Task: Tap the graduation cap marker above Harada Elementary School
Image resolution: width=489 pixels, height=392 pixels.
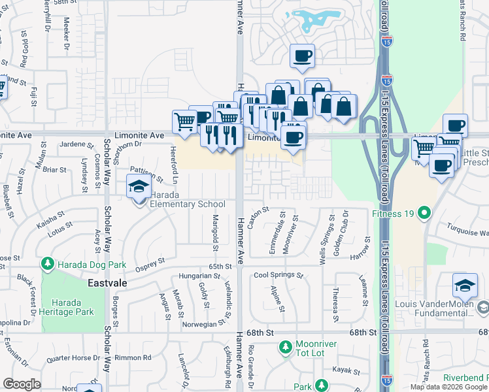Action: point(139,187)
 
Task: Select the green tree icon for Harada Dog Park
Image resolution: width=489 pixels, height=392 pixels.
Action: point(47,264)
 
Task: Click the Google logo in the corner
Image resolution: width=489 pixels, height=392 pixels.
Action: point(22,384)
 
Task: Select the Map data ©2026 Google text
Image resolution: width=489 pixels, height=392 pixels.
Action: point(448,387)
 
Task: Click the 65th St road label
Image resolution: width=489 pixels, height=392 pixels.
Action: point(220,267)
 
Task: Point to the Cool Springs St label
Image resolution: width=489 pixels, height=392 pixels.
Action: point(278,275)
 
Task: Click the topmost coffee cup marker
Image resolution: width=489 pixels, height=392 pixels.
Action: point(302,56)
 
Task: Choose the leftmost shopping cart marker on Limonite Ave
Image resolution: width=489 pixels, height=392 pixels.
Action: point(184,121)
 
